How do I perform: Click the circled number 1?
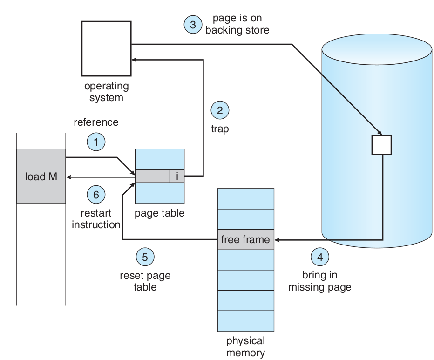[96, 142]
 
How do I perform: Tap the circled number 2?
[220, 110]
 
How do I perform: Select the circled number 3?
[193, 24]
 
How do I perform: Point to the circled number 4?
[319, 257]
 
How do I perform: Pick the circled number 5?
[145, 257]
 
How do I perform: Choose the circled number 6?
[96, 195]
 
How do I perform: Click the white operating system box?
[106, 48]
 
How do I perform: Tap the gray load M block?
[41, 176]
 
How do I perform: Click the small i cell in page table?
[177, 176]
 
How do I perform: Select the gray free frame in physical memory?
[245, 239]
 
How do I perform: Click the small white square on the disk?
[381, 144]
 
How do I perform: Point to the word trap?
[219, 129]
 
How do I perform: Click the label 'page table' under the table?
[159, 213]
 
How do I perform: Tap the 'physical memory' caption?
[245, 346]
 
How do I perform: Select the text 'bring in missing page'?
[319, 281]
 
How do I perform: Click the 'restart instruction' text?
[96, 219]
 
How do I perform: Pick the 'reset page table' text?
[145, 281]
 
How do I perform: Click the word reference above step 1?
[96, 122]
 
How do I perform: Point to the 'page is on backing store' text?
[237, 24]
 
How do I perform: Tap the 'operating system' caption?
[106, 92]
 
